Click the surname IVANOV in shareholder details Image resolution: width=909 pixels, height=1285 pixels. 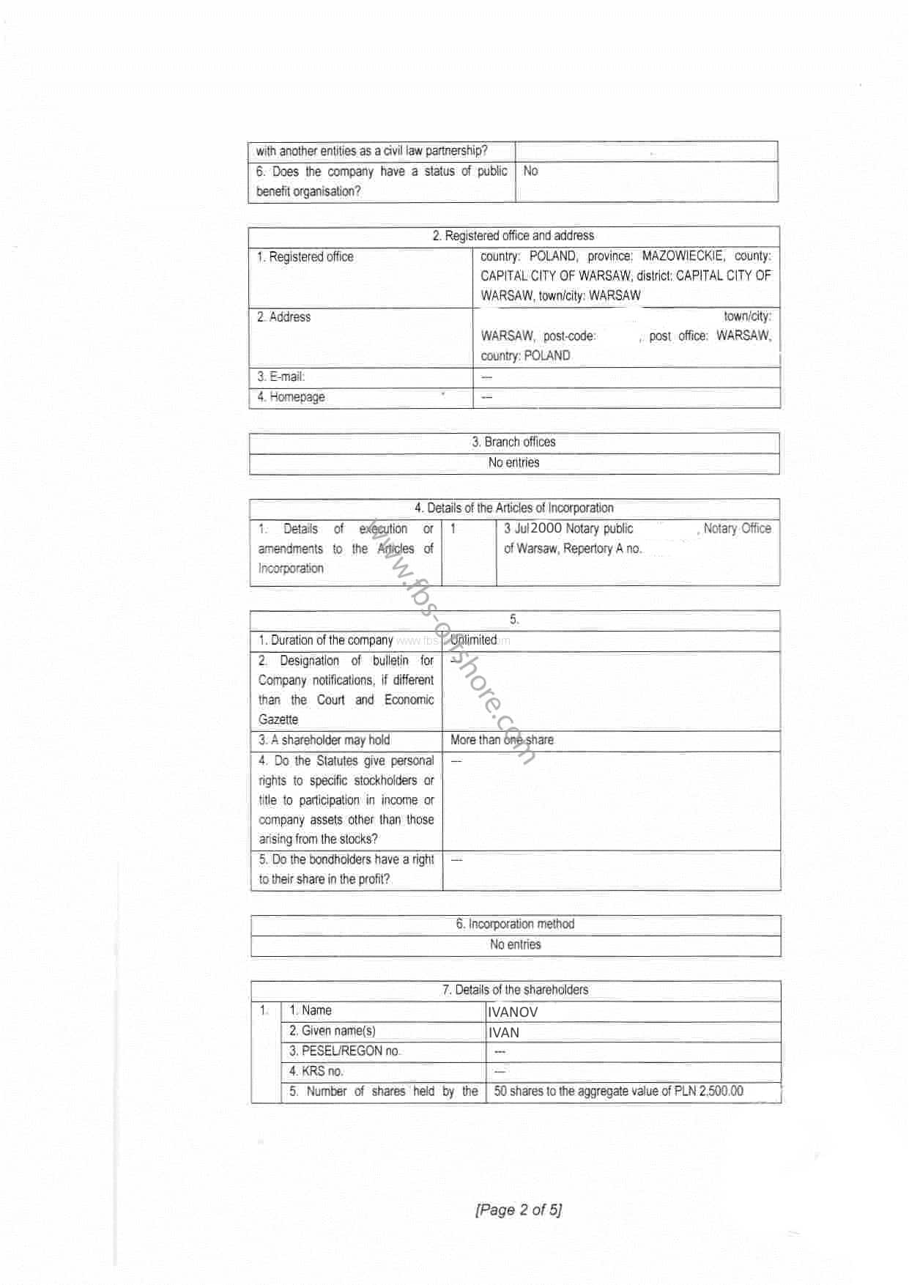point(513,1012)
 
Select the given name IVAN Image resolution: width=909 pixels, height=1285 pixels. point(504,1033)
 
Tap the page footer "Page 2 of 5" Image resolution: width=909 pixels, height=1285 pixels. point(519,1210)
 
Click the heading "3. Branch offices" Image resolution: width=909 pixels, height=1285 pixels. point(513,442)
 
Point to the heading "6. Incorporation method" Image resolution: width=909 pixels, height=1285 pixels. point(515,924)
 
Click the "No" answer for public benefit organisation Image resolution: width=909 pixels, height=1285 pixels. point(530,171)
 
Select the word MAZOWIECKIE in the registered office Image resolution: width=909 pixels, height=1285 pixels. point(683,256)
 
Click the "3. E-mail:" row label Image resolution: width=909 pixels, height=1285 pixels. point(281,377)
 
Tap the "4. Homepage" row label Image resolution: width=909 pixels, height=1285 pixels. point(291,397)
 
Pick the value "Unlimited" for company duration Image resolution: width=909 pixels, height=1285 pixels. point(474,640)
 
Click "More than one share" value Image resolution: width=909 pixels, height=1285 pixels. point(502,740)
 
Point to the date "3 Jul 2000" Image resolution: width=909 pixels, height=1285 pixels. point(533,528)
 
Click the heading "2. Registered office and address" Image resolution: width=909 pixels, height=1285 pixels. point(513,236)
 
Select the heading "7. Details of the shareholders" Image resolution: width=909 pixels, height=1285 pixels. point(515,990)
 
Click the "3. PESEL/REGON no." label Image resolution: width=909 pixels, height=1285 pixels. point(344,1051)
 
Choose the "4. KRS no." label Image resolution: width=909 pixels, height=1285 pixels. point(316,1071)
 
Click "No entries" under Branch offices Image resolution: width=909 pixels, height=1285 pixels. point(513,462)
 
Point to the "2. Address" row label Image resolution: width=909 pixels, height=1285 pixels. point(283,317)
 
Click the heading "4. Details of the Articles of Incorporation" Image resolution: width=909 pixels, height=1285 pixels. point(513,508)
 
